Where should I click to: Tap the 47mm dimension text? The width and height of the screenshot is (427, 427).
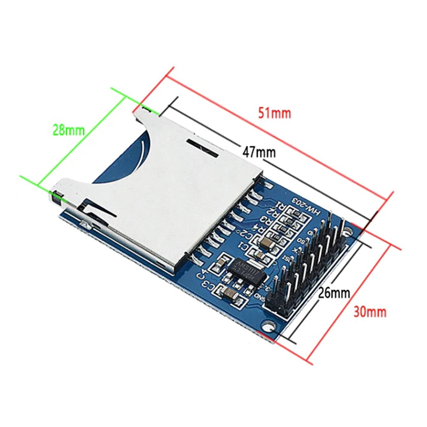coord(259,152)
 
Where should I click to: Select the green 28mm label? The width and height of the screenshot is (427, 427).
coord(68,130)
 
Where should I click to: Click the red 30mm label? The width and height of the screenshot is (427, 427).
coord(369,311)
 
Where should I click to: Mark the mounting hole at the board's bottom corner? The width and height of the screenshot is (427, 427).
coord(270,326)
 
